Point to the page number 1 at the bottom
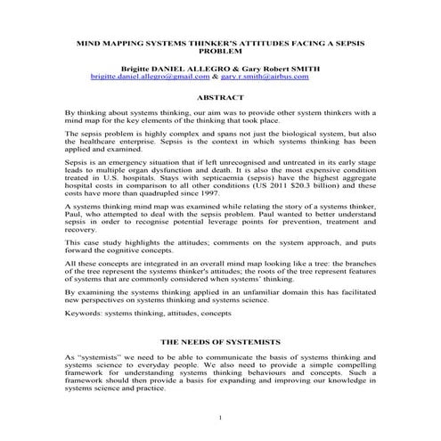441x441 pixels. pyautogui.click(x=219, y=418)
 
